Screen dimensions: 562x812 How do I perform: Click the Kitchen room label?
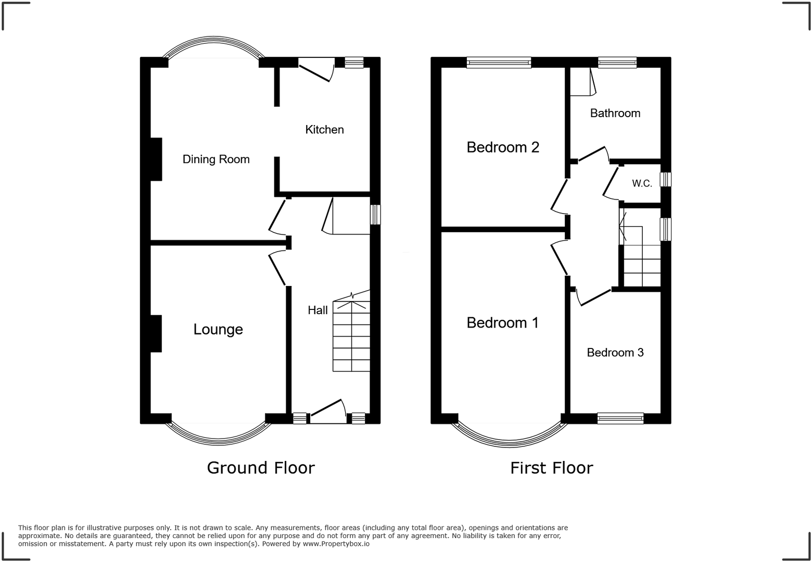324,130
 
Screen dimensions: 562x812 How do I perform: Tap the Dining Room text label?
216,159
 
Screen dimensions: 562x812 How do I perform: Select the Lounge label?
218,329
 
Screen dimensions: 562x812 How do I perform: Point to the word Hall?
318,310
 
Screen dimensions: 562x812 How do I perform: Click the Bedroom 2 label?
503,147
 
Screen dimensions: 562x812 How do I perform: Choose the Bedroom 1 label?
503,323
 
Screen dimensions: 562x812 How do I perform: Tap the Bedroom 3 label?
615,353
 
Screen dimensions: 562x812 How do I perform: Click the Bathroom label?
615,114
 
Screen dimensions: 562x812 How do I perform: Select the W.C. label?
642,183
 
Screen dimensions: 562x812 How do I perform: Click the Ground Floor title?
261,468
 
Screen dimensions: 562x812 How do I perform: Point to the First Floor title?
552,468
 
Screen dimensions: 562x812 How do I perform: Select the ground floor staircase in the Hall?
352,336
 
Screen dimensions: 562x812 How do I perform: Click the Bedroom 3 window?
620,418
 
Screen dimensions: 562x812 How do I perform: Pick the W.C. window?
666,180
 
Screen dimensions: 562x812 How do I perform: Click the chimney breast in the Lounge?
156,333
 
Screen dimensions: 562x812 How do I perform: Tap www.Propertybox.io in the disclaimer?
336,544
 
